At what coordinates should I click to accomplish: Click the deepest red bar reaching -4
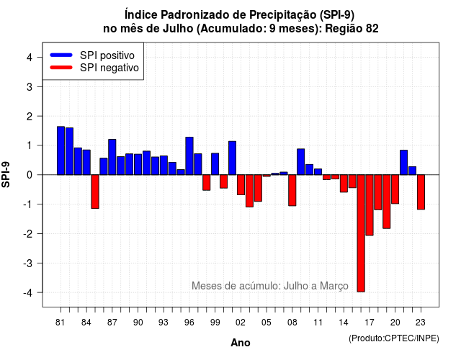coord(361,233)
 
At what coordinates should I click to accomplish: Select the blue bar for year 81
coord(61,150)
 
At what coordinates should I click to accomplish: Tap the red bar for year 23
coord(421,192)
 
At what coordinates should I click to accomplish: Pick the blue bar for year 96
coord(189,156)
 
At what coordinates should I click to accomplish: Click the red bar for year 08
coord(292,190)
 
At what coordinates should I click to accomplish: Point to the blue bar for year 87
coord(112,157)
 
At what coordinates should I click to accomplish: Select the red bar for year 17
coord(370,205)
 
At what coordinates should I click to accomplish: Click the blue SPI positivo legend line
coord(61,55)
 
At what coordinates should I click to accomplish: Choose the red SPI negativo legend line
coord(61,68)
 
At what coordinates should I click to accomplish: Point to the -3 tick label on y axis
coord(28,264)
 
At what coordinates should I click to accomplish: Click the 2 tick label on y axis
coord(30,117)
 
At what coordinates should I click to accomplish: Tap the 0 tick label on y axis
coord(30,175)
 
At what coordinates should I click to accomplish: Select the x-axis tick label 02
coord(240,323)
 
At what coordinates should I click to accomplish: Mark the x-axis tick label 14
coord(344,323)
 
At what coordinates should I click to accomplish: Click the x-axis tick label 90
coord(138,323)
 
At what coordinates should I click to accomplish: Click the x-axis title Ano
coord(241,343)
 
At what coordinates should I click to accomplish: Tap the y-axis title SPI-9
coord(6,174)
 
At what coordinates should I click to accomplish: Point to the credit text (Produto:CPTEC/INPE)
coord(394,338)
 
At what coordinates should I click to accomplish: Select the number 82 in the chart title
coord(372,29)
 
